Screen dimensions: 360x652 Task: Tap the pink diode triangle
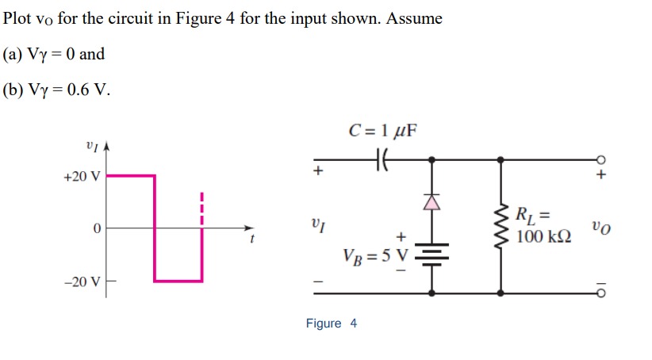click(x=431, y=203)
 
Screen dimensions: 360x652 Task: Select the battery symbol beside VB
click(x=431, y=252)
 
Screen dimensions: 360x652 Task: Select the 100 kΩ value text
click(x=543, y=237)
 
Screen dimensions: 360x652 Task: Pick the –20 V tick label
click(x=81, y=281)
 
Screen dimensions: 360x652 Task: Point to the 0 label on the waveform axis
click(x=95, y=229)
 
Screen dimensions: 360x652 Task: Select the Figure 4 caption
click(x=332, y=324)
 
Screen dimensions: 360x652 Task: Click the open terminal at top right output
click(x=602, y=159)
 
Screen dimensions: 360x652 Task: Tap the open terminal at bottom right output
click(x=602, y=293)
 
